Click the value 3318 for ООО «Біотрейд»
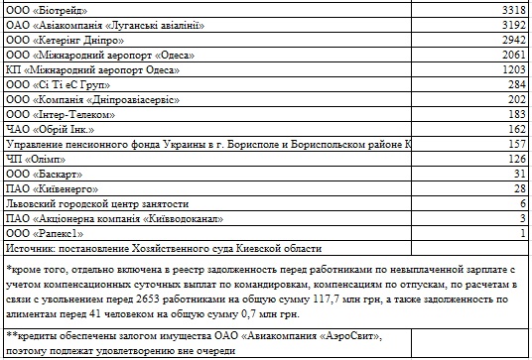pos(510,10)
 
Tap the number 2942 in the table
pos(510,41)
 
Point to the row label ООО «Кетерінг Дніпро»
pos(65,41)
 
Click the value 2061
pos(510,57)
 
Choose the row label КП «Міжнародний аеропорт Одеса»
pos(88,71)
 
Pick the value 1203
pos(510,71)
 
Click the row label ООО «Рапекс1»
pos(47,231)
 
